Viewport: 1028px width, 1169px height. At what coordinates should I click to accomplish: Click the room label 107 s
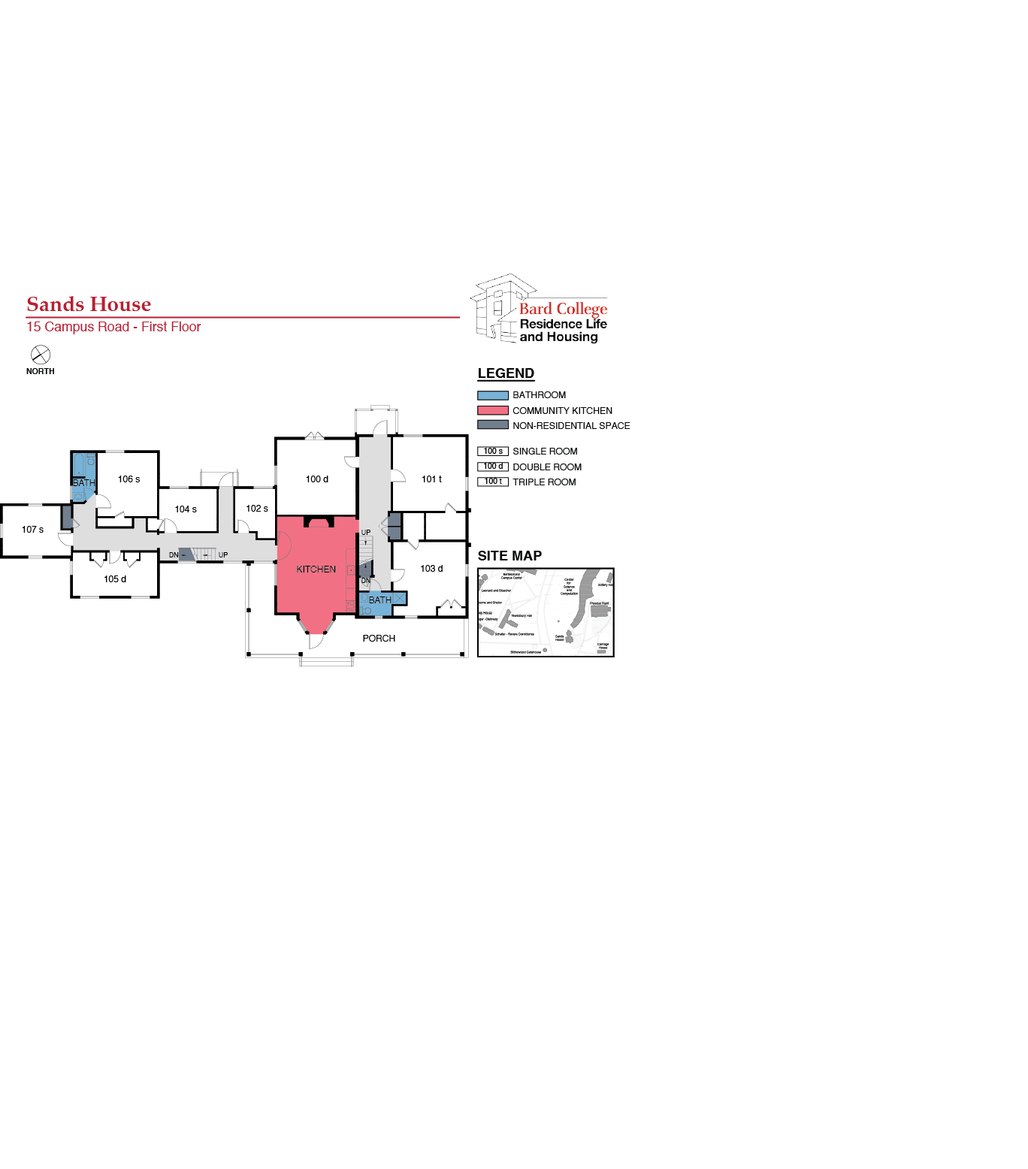(x=32, y=530)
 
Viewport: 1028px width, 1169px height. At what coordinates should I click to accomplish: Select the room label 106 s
(x=128, y=479)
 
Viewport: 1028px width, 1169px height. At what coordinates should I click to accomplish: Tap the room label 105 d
(x=115, y=579)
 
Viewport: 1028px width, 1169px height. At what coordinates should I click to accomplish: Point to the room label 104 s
(x=186, y=509)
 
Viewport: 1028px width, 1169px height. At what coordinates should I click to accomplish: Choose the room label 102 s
(x=257, y=509)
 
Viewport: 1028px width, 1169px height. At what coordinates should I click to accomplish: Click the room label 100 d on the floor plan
(x=316, y=479)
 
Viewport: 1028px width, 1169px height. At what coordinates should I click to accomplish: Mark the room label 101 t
(x=431, y=479)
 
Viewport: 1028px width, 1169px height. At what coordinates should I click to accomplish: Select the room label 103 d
(x=431, y=569)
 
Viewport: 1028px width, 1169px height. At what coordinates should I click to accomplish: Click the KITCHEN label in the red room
(x=316, y=569)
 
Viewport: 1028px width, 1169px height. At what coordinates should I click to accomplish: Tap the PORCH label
(x=379, y=639)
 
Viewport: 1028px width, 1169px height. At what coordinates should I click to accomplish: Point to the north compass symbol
(x=41, y=355)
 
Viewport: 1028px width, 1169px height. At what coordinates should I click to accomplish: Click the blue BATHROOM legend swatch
(x=492, y=395)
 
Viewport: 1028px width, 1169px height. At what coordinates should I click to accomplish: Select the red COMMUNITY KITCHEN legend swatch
(x=492, y=411)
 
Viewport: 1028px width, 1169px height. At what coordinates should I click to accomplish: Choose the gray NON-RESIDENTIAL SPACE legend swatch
(x=492, y=425)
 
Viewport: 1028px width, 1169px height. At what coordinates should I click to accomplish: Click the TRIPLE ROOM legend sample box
(x=493, y=482)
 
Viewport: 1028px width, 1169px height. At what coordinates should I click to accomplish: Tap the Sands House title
(x=89, y=304)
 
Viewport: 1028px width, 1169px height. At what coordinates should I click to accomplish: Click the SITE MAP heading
(x=509, y=556)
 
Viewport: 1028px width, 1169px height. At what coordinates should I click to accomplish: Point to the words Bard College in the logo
(x=563, y=309)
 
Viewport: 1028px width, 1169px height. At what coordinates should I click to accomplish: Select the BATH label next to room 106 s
(x=83, y=483)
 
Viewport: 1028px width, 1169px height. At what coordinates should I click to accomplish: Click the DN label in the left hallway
(x=174, y=555)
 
